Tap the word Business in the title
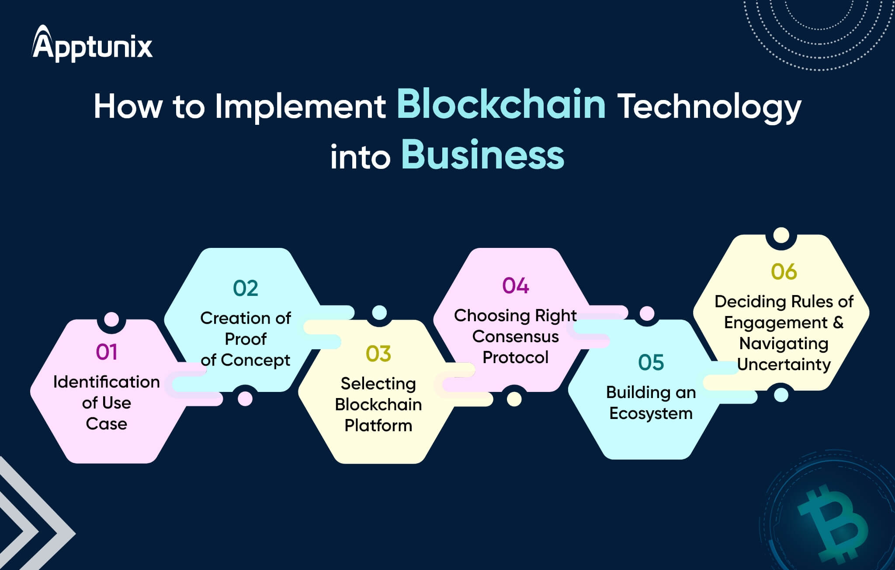pyautogui.click(x=482, y=155)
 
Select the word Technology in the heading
pyautogui.click(x=711, y=107)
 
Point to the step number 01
pyautogui.click(x=107, y=352)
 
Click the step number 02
pyautogui.click(x=246, y=288)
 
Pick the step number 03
pyautogui.click(x=378, y=354)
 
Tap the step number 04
pyautogui.click(x=516, y=286)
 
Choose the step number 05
pyautogui.click(x=651, y=363)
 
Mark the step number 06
pyautogui.click(x=784, y=272)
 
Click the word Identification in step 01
pyautogui.click(x=107, y=382)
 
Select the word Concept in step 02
pyautogui.click(x=256, y=360)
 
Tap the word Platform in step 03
pyautogui.click(x=378, y=426)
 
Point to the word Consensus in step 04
pyautogui.click(x=516, y=337)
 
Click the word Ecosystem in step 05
pyautogui.click(x=651, y=413)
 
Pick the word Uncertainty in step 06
pyautogui.click(x=784, y=364)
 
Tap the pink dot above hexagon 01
pyautogui.click(x=111, y=319)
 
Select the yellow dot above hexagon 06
pyautogui.click(x=781, y=235)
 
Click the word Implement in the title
pyautogui.click(x=300, y=107)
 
